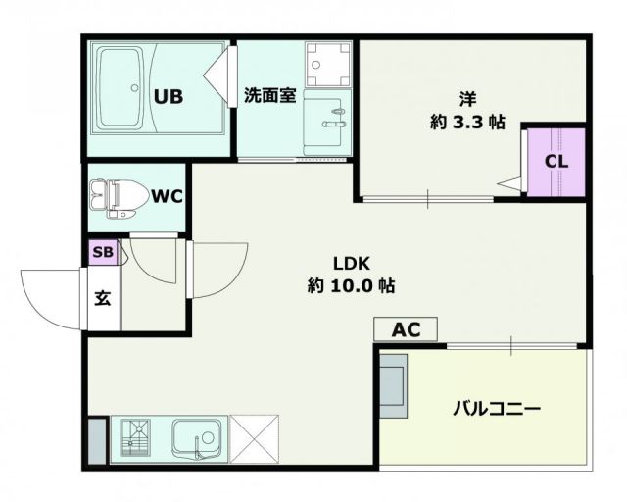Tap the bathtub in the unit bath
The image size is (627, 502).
[124, 88]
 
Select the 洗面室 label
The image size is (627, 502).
[269, 97]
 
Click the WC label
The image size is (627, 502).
[168, 196]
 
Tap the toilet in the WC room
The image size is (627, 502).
[117, 197]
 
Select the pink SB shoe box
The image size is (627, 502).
[102, 252]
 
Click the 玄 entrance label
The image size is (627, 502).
[102, 297]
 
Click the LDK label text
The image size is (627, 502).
[350, 264]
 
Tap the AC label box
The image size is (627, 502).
[406, 330]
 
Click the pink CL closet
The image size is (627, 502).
[555, 161]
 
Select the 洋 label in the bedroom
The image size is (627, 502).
[469, 98]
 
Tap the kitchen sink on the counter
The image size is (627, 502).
[199, 438]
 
